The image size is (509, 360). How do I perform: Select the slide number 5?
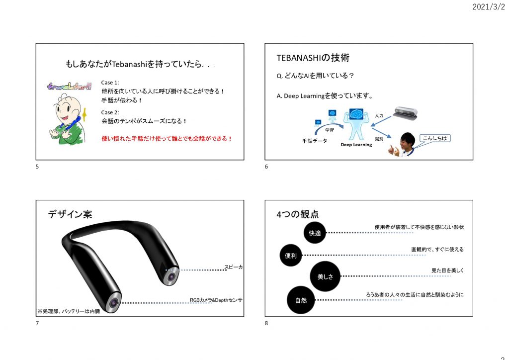coord(37,167)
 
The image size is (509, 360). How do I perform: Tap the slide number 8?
coord(266,323)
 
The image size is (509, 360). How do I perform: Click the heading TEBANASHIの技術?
coord(313,58)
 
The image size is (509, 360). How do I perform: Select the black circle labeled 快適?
coord(315,232)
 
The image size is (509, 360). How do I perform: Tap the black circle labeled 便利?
coord(291,256)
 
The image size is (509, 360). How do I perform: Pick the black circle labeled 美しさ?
coord(325,276)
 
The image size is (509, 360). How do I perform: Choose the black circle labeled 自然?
coord(301,300)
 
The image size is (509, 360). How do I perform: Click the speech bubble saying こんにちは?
coord(435,138)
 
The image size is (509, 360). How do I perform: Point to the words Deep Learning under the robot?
coord(356,145)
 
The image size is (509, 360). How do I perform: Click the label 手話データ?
coord(315,141)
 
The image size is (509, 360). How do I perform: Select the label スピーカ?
coord(233,267)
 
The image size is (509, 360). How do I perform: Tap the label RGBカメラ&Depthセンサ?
coord(216,300)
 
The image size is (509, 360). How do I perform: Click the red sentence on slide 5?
coord(167,138)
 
